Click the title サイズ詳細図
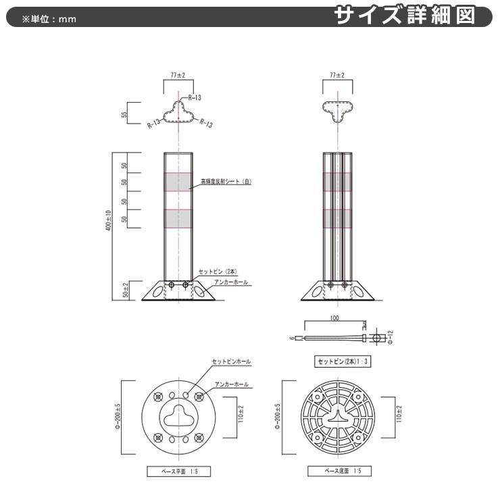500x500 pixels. pyautogui.click(x=412, y=15)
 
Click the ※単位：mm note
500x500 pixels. pyautogui.click(x=49, y=18)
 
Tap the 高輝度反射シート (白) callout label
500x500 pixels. pyautogui.click(x=226, y=181)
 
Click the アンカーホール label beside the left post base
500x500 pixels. pyautogui.click(x=232, y=282)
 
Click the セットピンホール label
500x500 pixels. pyautogui.click(x=231, y=361)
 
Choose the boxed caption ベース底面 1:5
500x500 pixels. pyautogui.click(x=339, y=470)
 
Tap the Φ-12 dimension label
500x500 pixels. pyautogui.click(x=391, y=336)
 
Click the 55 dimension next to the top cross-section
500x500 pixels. pyautogui.click(x=124, y=114)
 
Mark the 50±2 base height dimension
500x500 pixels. pyautogui.click(x=124, y=291)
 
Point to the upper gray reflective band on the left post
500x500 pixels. pyautogui.click(x=178, y=182)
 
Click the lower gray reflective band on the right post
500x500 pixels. pyautogui.click(x=337, y=218)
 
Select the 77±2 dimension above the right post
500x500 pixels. pyautogui.click(x=336, y=75)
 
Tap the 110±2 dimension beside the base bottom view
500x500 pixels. pyautogui.click(x=399, y=414)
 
